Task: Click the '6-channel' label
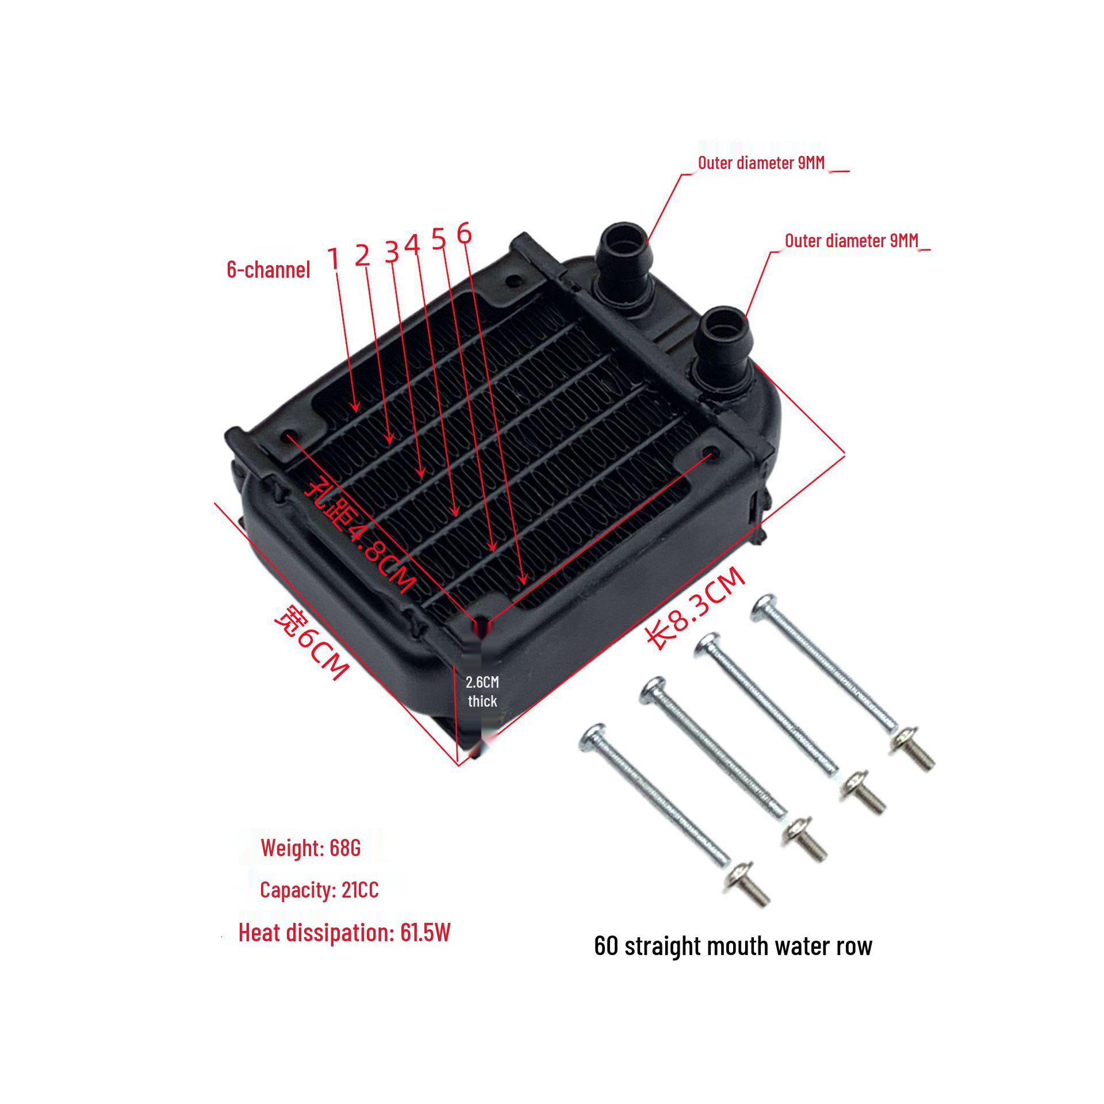tap(269, 270)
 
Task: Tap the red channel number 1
tap(334, 259)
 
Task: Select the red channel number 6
tap(464, 233)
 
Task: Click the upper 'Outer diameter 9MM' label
tap(761, 163)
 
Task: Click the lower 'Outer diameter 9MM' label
tap(852, 241)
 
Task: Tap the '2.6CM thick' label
tap(482, 692)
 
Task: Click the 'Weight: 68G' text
tap(310, 848)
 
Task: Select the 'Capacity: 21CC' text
tap(319, 890)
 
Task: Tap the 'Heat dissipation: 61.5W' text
tap(344, 933)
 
